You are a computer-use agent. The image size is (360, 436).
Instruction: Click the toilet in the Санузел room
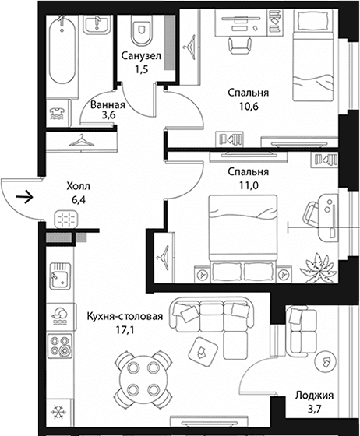coord(142,30)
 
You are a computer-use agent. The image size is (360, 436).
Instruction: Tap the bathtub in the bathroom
coord(62,50)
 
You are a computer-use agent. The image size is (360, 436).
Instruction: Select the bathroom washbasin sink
coord(97,24)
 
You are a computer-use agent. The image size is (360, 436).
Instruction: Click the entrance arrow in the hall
coord(24,197)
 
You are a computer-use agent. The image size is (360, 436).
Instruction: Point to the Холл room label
coord(78,186)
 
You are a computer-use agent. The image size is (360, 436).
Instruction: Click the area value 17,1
coord(125,330)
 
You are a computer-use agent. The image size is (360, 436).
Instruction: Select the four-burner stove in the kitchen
coord(60,346)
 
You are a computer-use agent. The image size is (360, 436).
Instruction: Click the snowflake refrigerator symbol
coord(59,412)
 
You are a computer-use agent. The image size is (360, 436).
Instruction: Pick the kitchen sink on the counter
coord(60,276)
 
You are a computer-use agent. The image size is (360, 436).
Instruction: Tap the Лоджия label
coord(314,396)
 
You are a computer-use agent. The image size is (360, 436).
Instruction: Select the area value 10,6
coord(249,106)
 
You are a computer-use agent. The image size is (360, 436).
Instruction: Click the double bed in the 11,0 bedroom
coord(243,238)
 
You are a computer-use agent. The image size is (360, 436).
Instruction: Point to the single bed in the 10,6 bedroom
coord(313,55)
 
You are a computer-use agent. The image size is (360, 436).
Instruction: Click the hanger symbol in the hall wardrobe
coord(82,140)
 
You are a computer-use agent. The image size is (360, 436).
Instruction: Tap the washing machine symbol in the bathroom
coord(58,114)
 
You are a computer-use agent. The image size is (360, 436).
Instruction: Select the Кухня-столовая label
coord(125,316)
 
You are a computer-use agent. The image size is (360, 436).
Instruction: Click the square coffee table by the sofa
coord(203,351)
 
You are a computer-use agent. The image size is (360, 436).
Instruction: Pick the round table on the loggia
coord(326,362)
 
